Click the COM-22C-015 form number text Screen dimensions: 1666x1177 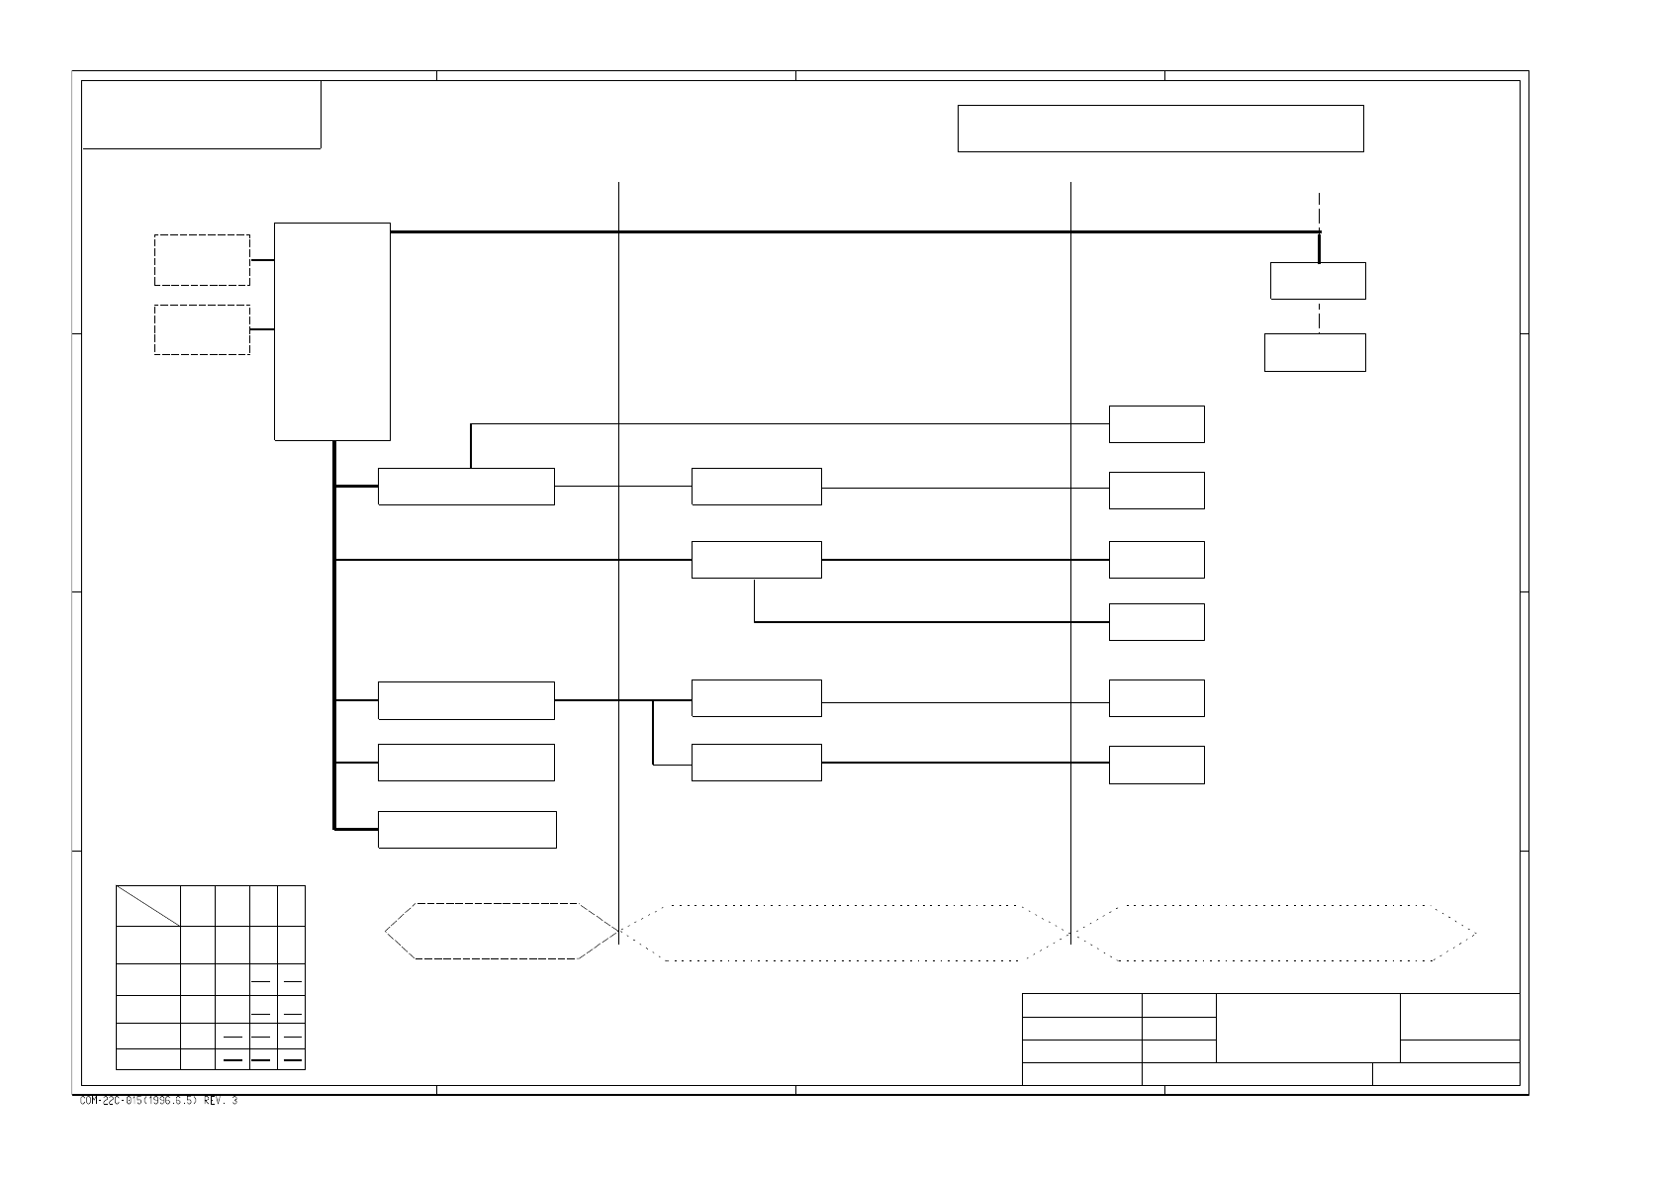point(158,1101)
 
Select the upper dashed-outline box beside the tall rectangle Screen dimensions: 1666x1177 point(202,260)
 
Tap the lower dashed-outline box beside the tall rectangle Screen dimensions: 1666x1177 point(202,329)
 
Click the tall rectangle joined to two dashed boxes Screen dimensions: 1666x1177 point(331,331)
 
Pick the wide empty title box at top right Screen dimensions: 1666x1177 point(1160,129)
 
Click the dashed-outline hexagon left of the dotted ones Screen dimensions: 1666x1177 point(501,931)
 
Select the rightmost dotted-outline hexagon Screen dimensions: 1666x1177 point(1276,933)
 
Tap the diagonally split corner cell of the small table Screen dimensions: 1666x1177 point(147,906)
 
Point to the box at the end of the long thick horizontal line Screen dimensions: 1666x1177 point(1318,281)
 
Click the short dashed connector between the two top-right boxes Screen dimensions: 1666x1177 point(1319,317)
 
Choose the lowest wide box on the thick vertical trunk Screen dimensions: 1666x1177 point(467,830)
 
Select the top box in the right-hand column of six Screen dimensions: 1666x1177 point(1157,424)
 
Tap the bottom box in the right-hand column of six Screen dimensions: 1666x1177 point(1157,765)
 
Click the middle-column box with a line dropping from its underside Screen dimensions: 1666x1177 point(756,560)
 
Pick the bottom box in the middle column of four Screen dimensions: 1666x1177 point(756,763)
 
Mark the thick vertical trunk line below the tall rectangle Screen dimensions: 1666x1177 point(335,633)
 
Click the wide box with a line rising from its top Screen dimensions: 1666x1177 point(466,487)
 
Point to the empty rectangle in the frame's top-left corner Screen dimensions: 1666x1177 point(201,115)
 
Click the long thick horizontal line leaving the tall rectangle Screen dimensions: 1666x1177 point(851,232)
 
